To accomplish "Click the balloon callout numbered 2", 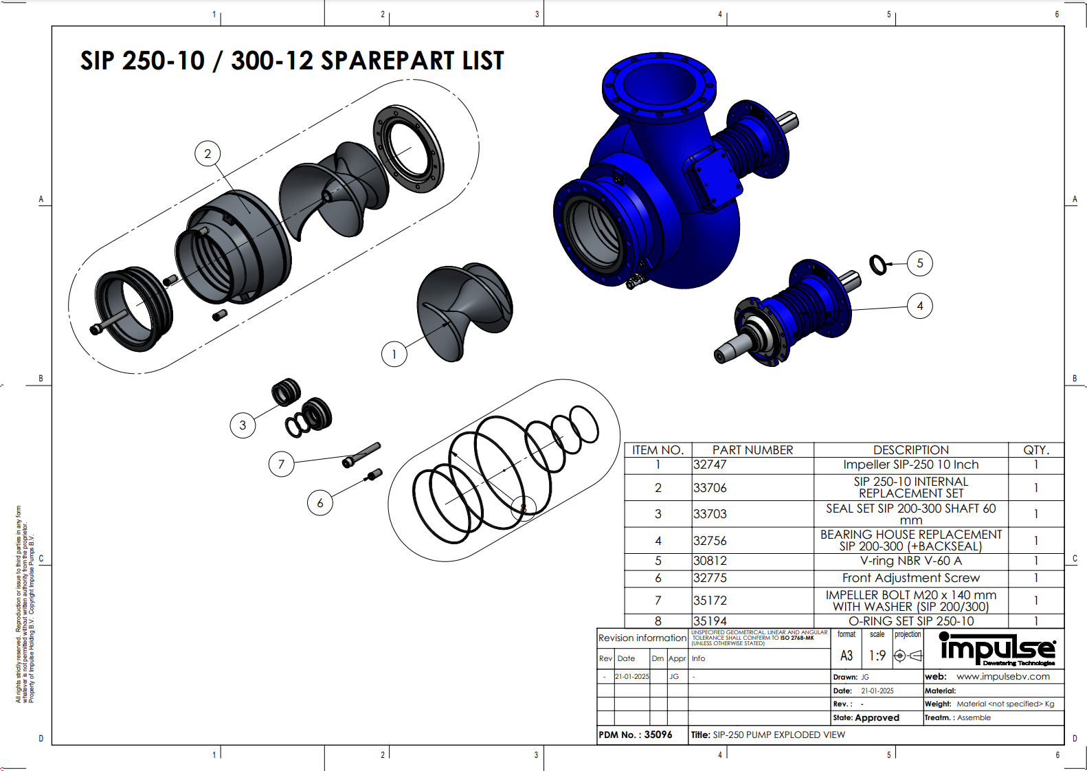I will point(208,154).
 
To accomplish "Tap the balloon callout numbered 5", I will point(919,263).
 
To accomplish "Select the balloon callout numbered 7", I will point(281,465).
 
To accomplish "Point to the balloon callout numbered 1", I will point(394,354).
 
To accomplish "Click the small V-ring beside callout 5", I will point(878,265).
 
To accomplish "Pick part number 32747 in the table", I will point(710,465).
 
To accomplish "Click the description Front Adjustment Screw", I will point(910,578).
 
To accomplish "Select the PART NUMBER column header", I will point(752,450).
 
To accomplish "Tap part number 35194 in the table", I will point(710,621).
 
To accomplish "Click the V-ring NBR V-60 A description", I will point(910,561).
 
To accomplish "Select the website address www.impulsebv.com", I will point(1002,677).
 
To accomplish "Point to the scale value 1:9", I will point(877,656).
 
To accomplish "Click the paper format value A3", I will point(847,656).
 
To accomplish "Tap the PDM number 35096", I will point(658,735).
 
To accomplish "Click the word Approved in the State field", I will point(877,717).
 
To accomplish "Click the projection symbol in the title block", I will point(907,656).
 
